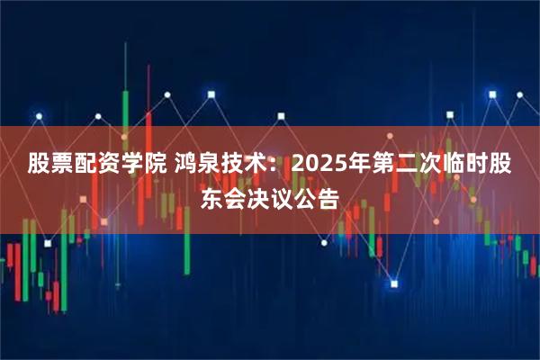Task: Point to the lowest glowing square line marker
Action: (393, 283)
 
